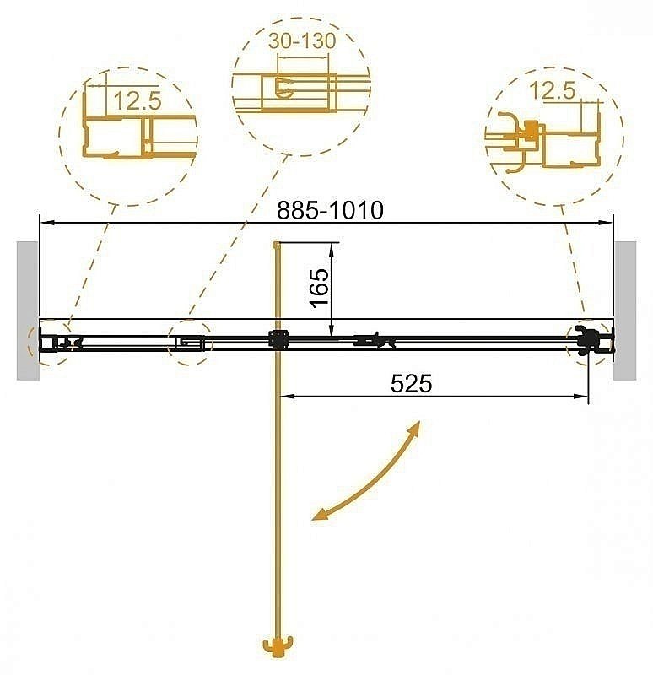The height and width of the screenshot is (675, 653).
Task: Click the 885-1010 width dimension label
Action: pos(331,208)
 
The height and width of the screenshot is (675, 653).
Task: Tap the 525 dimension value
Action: pos(412,383)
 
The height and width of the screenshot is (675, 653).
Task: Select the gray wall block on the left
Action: pos(27,310)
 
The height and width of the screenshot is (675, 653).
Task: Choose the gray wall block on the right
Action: pos(625,310)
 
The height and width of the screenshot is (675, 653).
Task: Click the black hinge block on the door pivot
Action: pos(278,340)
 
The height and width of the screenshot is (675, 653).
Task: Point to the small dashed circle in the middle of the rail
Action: pos(190,343)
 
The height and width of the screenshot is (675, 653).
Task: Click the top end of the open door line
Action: pos(276,245)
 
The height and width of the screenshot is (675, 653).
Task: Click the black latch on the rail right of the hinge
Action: pos(375,341)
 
